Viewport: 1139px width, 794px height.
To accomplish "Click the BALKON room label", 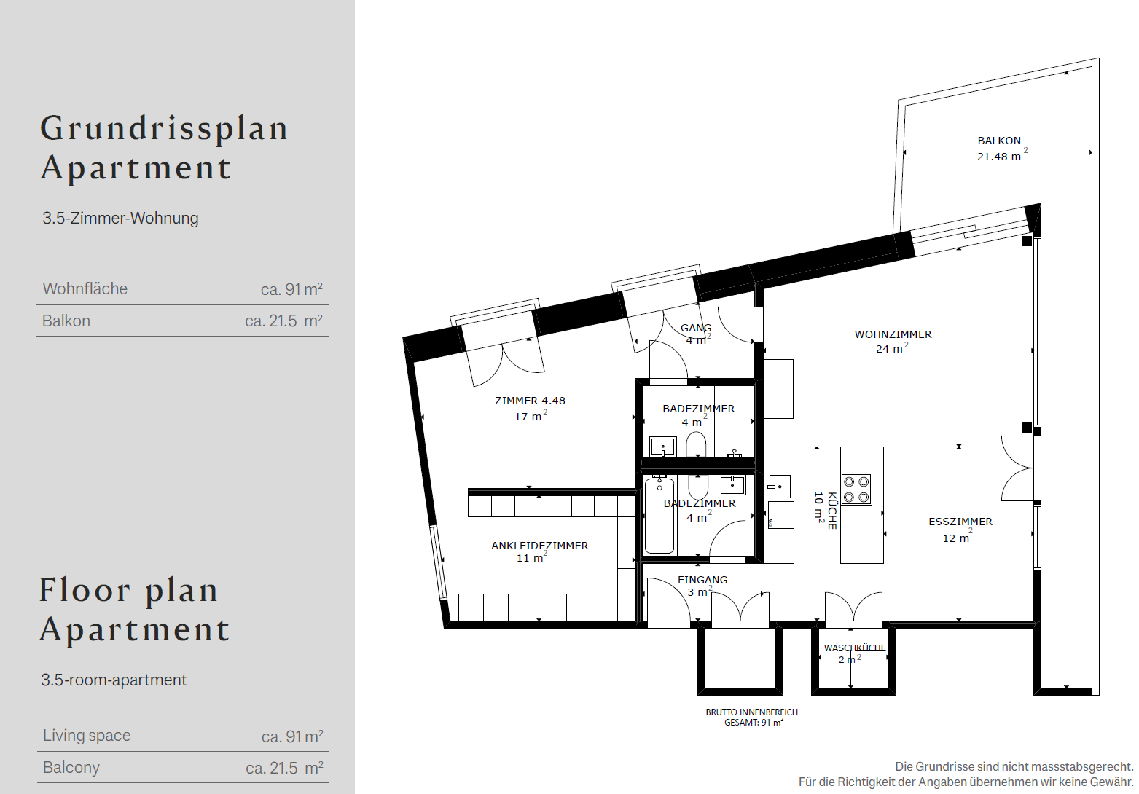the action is (x=998, y=141).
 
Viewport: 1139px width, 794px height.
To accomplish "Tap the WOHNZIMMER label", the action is (x=893, y=334).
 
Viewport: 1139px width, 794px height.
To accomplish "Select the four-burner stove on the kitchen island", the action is (x=856, y=489).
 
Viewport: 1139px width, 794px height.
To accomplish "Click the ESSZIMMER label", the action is (x=960, y=522).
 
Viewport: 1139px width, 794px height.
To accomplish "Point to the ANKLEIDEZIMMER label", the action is (x=539, y=546).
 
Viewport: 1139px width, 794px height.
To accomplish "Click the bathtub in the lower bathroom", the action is (x=659, y=516).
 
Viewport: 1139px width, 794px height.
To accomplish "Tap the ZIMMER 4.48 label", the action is (x=530, y=401).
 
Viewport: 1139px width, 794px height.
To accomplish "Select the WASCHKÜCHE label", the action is (x=855, y=648).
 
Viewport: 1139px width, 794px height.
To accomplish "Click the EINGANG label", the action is (x=702, y=580).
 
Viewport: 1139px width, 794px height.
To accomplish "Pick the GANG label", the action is (x=696, y=328).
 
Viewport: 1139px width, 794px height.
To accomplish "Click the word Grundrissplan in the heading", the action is (x=164, y=130).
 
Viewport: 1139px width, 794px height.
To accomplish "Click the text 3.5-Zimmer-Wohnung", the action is (x=120, y=218).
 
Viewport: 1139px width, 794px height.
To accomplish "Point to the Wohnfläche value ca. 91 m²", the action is (x=291, y=288).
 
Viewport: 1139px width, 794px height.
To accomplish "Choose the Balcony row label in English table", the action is (x=71, y=767).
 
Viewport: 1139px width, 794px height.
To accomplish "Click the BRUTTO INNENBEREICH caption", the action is (x=751, y=712).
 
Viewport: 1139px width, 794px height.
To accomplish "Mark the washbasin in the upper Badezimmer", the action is (x=663, y=447).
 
